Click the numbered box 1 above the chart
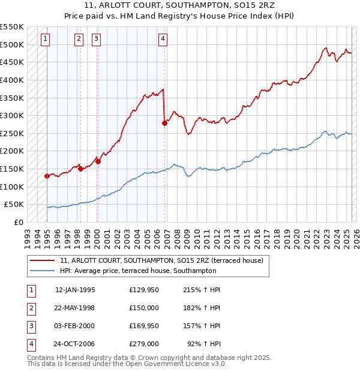pos(46,40)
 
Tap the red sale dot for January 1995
pos(47,176)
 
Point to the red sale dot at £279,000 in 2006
pos(164,123)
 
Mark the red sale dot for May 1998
pos(80,169)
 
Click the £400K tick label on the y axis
pos(11,80)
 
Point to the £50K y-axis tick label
pos(14,205)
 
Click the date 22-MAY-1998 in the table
pos(74,308)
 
